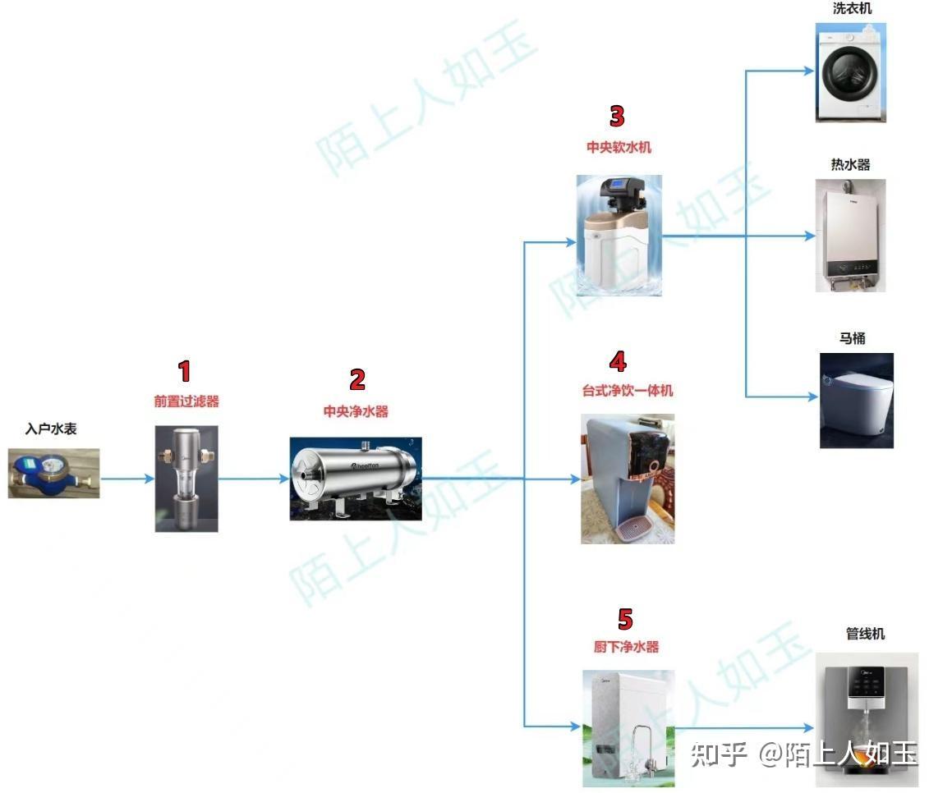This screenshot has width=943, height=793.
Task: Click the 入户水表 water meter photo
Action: point(53,473)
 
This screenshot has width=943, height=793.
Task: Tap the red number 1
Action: point(185,371)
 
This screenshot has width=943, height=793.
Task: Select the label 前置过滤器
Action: point(186,401)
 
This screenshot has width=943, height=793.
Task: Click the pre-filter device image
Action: point(186,479)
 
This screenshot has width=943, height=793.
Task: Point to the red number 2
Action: point(357,379)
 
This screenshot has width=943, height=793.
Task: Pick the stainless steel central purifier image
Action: point(356,479)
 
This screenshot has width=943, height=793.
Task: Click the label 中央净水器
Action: point(356,411)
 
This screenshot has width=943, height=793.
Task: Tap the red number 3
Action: point(617,117)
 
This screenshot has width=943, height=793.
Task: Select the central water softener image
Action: point(619,235)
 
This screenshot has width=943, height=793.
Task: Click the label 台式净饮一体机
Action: point(628,391)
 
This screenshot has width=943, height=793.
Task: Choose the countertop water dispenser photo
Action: point(628,479)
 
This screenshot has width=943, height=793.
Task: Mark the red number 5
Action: point(626,619)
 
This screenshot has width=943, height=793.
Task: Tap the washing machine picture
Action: point(851,72)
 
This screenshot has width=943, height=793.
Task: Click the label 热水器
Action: point(850,165)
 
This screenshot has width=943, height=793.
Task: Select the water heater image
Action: point(850,236)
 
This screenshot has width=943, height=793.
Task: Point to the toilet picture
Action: point(856,400)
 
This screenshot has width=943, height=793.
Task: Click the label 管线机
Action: point(866,634)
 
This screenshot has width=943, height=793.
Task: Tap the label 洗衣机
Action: point(851,8)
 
